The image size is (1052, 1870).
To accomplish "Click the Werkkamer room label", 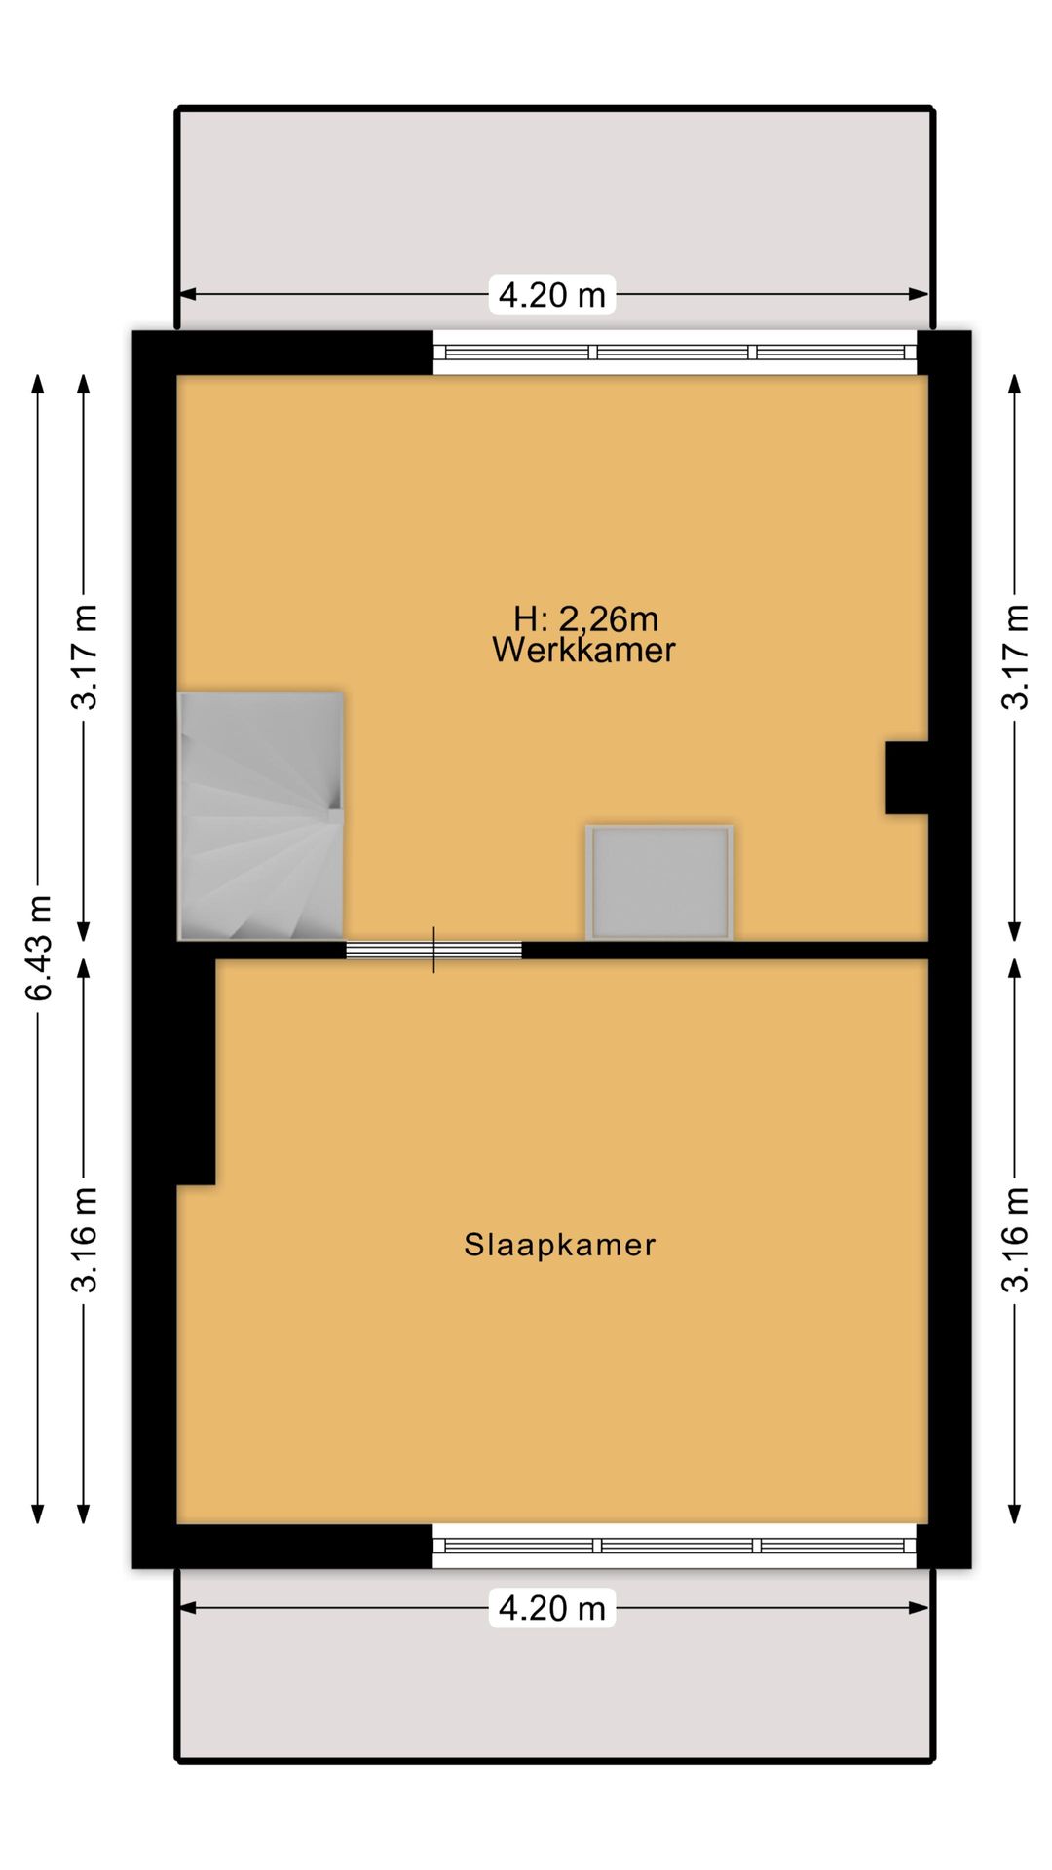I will coord(582,650).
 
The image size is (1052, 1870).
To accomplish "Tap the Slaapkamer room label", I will coord(559,1245).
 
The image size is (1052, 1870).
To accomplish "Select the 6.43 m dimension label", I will coord(39,948).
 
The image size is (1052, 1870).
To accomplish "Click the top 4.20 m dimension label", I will coord(551,294).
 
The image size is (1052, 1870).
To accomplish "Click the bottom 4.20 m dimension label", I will coord(551,1608).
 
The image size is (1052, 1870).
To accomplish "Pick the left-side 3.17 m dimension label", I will coord(84,656).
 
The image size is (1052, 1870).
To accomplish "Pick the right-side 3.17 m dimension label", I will coord(1016,656).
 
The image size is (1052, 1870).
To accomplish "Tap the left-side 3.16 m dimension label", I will coord(84,1239).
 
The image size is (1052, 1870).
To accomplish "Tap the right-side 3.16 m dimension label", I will coord(1016,1239).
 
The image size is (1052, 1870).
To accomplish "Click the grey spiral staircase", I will coord(260,816).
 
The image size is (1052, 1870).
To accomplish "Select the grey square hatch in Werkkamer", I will coord(659,882).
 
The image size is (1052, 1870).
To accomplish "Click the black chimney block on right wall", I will coord(905,777).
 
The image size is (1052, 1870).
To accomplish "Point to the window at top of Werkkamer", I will coord(674,353).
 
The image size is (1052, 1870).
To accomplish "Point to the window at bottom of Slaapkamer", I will coord(674,1546).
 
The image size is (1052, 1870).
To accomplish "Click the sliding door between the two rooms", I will coord(433,950).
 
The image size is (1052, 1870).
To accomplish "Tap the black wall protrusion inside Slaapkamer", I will coord(195,1071).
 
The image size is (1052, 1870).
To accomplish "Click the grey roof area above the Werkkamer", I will coord(555,195).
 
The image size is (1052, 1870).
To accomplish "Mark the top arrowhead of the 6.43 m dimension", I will coord(38,383).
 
